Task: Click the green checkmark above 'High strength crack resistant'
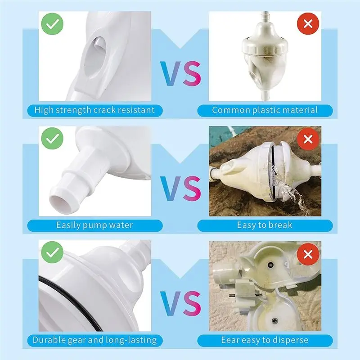click(x=52, y=24)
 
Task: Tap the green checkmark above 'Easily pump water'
click(x=52, y=139)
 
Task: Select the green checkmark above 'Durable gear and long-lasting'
click(x=52, y=252)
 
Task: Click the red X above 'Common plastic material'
click(x=308, y=24)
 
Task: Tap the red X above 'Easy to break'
click(x=308, y=139)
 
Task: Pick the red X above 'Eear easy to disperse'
click(x=308, y=254)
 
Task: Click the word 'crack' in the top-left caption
click(x=104, y=110)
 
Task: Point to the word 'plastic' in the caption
click(x=266, y=110)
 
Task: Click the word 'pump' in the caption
click(x=94, y=225)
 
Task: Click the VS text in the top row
click(x=180, y=73)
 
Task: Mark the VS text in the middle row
click(x=180, y=188)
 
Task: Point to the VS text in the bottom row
click(x=180, y=303)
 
